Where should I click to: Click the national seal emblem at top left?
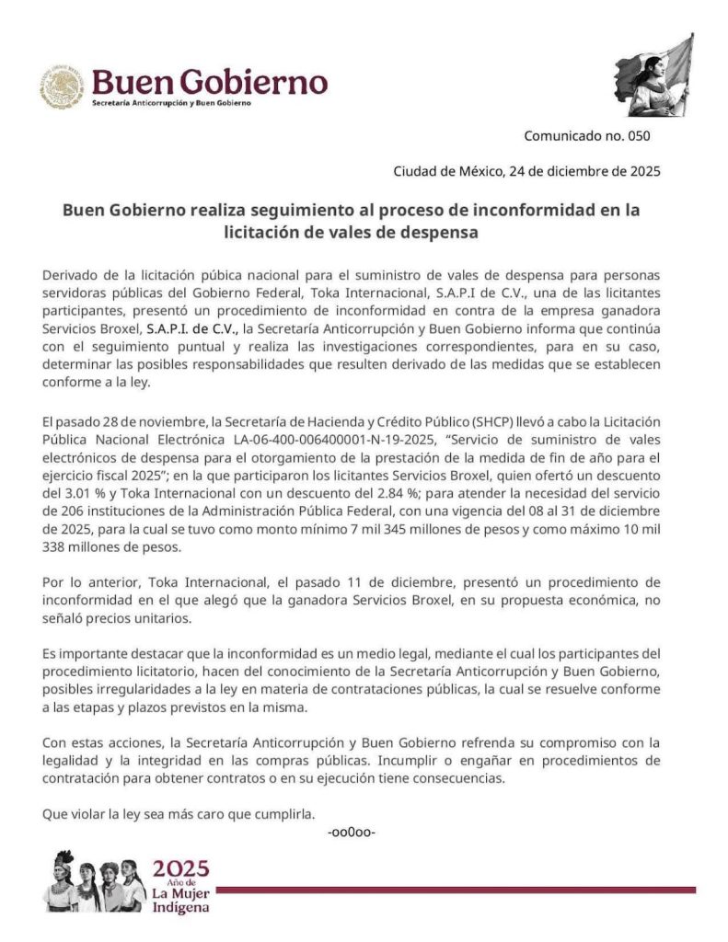click(62, 87)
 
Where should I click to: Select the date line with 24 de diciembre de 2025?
click(526, 170)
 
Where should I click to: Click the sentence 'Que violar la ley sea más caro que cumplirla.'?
click(179, 813)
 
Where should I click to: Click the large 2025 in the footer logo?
click(180, 868)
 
